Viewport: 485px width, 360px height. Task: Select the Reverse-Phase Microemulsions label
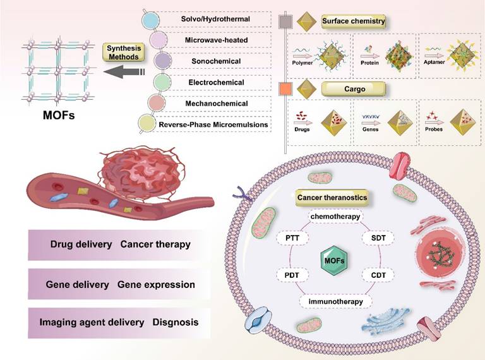pos(213,124)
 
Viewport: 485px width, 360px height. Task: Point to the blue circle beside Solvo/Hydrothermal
pos(152,20)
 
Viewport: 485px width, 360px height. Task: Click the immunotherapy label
pos(335,301)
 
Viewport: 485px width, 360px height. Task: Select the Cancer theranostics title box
pos(332,198)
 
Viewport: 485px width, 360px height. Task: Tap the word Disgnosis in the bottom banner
pos(176,322)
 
